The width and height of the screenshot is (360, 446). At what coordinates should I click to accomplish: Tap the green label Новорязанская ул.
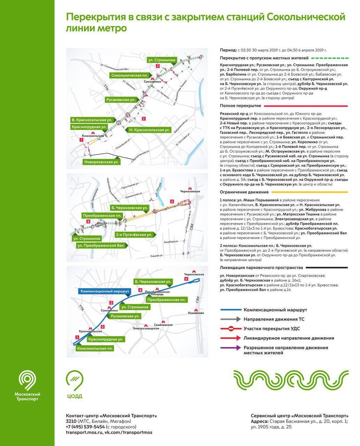coord(102,162)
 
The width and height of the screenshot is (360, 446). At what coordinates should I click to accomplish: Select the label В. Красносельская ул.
coord(92,120)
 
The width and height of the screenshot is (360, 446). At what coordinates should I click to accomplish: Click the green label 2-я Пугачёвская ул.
coord(134,235)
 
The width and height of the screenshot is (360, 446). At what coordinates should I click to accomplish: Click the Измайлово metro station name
coord(196,313)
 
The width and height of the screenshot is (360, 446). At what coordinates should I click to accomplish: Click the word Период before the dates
coord(228,50)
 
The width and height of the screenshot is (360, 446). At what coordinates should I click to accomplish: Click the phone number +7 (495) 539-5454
coord(85,427)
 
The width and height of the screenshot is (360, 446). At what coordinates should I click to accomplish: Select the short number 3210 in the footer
coord(71,422)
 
